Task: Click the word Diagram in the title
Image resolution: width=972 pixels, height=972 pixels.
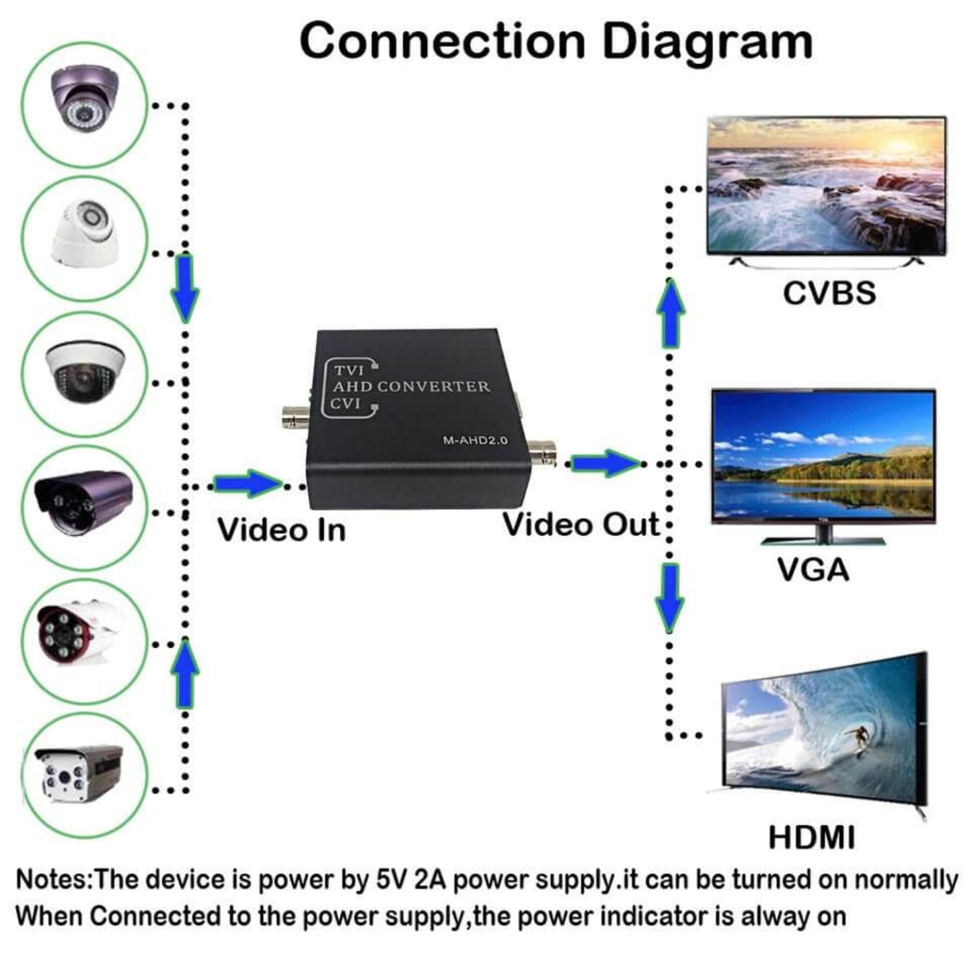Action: (707, 42)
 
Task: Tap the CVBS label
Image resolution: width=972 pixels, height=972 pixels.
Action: (829, 293)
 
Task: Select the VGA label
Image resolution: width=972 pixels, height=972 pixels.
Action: (813, 570)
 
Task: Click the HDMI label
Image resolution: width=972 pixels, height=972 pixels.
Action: (811, 837)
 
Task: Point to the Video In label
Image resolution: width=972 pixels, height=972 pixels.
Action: (281, 529)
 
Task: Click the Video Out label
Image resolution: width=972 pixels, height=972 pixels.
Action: (581, 525)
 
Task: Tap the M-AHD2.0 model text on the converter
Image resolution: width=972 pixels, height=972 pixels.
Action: (475, 441)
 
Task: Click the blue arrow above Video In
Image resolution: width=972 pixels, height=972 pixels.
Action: (248, 483)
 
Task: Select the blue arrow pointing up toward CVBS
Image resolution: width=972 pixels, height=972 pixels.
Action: (670, 313)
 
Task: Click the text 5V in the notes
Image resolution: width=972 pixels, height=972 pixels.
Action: (390, 880)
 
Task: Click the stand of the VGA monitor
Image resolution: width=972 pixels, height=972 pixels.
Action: (823, 535)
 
